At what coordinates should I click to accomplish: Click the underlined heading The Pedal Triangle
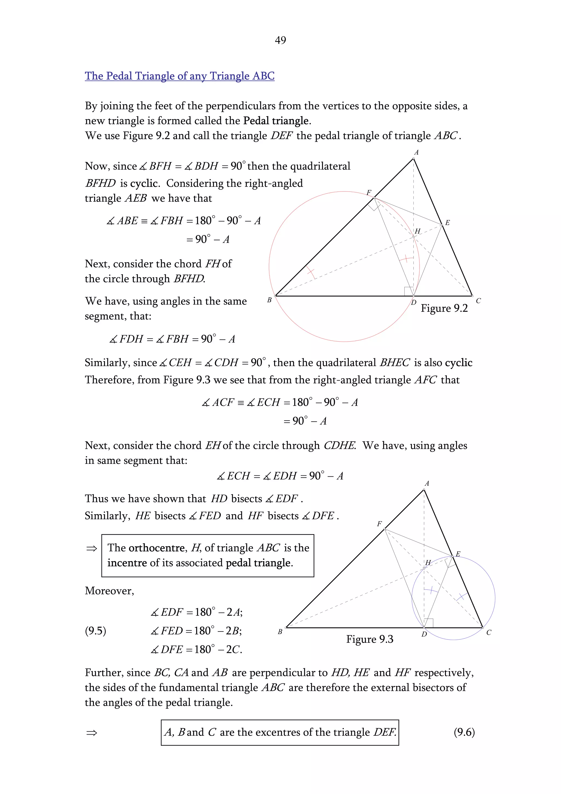click(x=179, y=76)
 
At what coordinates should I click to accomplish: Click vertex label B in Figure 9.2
click(x=269, y=300)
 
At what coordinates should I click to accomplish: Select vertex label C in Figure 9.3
click(x=488, y=633)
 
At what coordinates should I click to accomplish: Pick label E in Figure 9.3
click(x=458, y=554)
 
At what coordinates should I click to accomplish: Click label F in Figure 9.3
click(x=379, y=524)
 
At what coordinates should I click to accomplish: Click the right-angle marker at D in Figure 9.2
click(x=409, y=291)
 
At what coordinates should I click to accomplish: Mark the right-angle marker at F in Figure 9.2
click(x=374, y=206)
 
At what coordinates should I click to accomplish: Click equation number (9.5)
click(x=95, y=630)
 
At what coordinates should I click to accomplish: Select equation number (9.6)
click(x=464, y=732)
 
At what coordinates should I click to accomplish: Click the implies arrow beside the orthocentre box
click(x=91, y=549)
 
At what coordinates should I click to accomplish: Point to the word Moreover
click(x=109, y=590)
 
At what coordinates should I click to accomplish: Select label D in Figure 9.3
click(x=424, y=634)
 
